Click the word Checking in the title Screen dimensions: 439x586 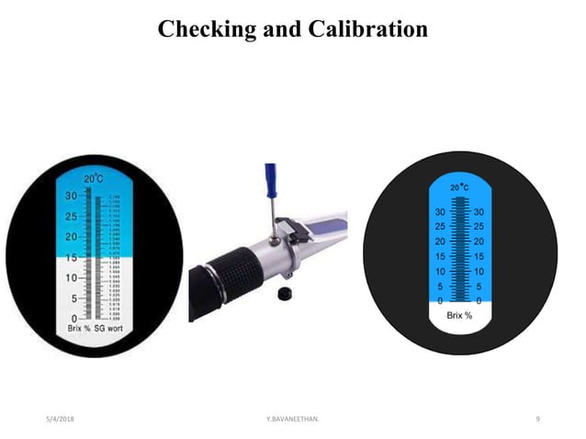(202, 29)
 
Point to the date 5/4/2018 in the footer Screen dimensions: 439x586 (61, 419)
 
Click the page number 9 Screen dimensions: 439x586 (537, 419)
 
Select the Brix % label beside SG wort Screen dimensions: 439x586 (79, 329)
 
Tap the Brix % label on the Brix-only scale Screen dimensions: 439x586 (460, 315)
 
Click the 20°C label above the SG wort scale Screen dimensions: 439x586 (94, 179)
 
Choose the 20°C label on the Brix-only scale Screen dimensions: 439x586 (460, 187)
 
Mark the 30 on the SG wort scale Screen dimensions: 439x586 (71, 197)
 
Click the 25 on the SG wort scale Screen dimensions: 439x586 (71, 217)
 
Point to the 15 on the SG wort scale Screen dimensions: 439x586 (70, 258)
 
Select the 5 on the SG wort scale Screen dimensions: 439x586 (73, 298)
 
